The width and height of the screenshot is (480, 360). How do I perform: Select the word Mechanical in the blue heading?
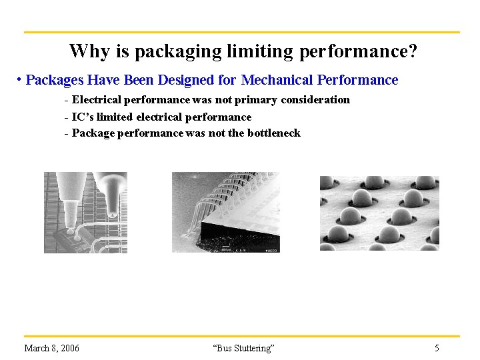(x=277, y=80)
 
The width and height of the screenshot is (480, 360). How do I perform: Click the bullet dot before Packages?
(x=20, y=80)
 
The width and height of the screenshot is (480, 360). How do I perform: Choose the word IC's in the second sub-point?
(x=83, y=117)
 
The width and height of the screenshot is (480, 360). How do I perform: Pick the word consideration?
(x=315, y=100)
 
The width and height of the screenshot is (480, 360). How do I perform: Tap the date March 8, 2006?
(x=51, y=348)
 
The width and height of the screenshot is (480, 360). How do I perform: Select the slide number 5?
(x=437, y=348)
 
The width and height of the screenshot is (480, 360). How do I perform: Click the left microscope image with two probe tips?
(x=85, y=212)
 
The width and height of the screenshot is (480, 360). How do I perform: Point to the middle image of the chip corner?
(x=225, y=212)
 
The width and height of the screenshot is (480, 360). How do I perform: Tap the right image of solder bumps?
(x=379, y=213)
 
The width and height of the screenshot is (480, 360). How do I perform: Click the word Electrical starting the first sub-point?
(x=96, y=100)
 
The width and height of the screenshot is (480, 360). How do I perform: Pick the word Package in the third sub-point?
(x=93, y=133)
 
